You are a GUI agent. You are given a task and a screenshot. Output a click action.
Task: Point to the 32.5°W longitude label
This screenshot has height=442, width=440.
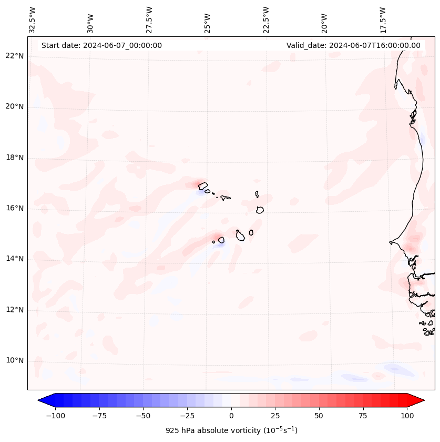click(33, 19)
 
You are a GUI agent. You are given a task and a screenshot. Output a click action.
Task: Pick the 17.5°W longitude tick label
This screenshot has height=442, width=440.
click(383, 19)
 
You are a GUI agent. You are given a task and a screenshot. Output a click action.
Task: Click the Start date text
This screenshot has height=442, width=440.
click(101, 45)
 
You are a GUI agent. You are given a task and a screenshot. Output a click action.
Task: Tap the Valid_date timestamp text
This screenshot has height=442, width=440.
click(353, 45)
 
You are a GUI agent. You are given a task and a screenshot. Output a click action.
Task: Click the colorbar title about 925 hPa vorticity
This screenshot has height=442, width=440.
click(231, 430)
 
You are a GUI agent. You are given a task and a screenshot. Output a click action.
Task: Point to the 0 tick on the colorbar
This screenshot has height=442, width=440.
click(231, 416)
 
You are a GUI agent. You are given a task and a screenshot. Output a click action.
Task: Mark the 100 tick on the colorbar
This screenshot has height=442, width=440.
click(407, 416)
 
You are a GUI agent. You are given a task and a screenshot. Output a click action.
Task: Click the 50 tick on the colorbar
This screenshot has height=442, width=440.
click(319, 416)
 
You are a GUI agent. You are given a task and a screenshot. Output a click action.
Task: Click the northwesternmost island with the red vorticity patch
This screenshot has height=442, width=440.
click(203, 185)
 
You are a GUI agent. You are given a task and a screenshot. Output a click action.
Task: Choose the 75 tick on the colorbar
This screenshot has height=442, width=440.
click(363, 416)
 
